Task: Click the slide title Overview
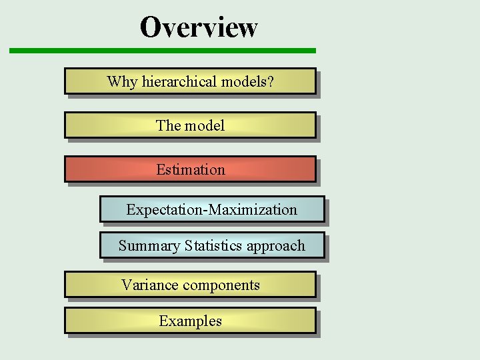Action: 198,27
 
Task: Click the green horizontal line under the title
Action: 162,51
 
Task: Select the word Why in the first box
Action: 122,82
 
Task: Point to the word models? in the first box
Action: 247,82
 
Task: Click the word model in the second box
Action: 205,125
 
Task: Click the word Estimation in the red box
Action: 191,170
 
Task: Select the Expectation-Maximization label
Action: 212,210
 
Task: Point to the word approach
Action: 275,247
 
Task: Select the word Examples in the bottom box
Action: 191,321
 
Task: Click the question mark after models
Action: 271,82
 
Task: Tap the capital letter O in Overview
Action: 151,27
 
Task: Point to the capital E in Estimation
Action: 161,170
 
